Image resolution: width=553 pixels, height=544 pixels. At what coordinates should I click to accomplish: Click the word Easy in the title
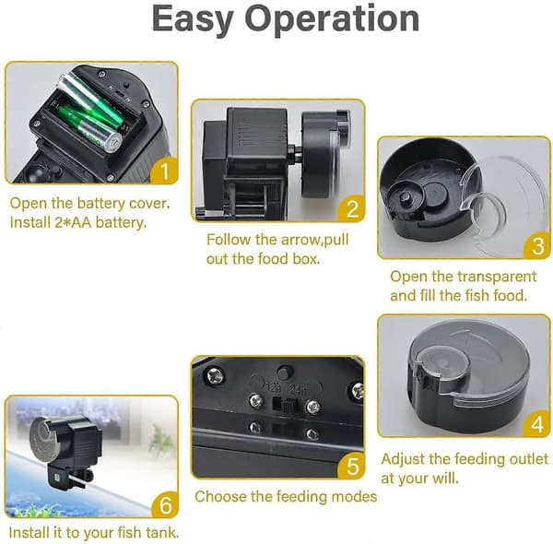tap(193, 19)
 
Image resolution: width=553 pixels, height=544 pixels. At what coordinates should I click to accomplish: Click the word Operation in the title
tap(332, 18)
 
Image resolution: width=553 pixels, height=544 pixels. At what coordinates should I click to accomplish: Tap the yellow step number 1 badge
tap(164, 171)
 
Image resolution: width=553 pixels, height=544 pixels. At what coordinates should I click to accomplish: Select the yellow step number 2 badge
tap(351, 209)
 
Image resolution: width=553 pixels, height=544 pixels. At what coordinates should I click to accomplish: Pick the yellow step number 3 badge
tap(537, 245)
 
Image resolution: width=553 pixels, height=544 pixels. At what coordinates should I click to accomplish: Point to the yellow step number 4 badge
tap(536, 424)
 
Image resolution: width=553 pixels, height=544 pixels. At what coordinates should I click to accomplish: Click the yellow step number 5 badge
tap(351, 466)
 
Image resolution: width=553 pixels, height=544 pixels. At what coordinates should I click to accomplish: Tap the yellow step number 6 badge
tap(165, 505)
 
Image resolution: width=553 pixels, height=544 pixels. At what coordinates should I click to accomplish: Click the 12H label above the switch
tap(273, 388)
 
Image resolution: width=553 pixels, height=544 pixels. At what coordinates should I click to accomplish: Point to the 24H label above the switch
tap(297, 389)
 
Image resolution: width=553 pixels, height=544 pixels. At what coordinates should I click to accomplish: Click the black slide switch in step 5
tap(289, 406)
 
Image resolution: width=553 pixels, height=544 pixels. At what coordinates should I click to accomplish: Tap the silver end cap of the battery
tap(114, 142)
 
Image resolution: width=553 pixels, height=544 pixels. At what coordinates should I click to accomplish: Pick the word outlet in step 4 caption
tap(529, 459)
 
